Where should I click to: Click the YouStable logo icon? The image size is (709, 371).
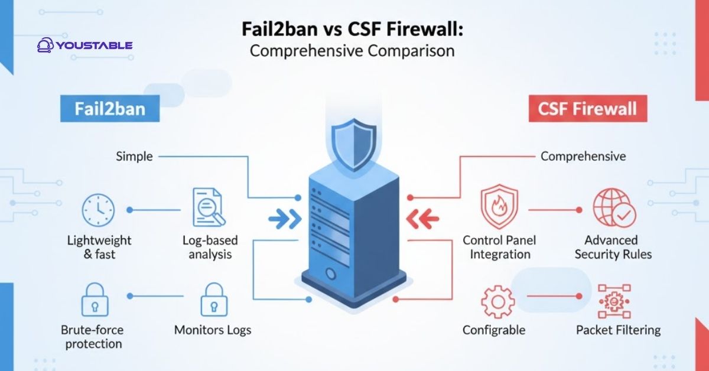45,45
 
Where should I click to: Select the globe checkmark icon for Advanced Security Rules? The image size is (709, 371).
614,208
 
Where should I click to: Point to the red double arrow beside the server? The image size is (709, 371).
423,220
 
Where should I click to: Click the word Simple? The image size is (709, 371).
134,157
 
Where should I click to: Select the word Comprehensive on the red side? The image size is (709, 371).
583,157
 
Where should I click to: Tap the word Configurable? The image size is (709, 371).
494,330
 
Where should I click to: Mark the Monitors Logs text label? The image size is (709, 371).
213,330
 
